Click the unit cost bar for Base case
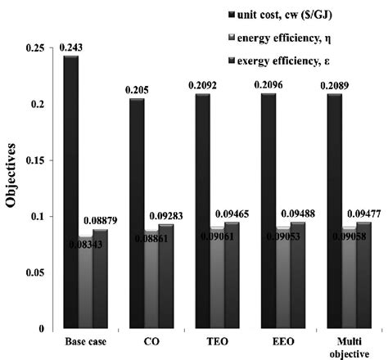click(x=72, y=196)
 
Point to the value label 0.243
click(x=70, y=49)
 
